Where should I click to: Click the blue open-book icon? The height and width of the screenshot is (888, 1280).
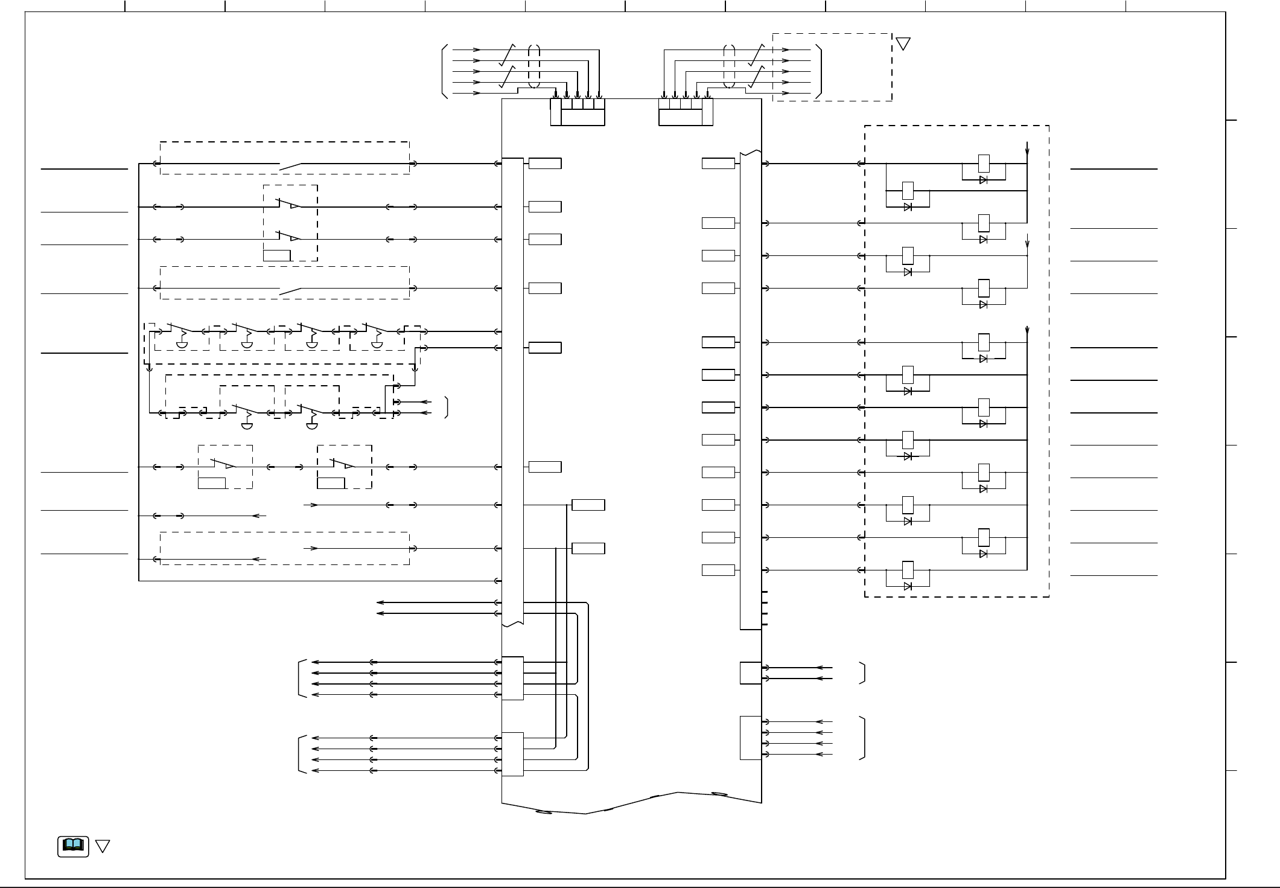tap(73, 846)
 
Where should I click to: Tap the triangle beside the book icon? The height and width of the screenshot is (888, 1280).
tap(103, 846)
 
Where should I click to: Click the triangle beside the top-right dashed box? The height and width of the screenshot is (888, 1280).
tap(903, 43)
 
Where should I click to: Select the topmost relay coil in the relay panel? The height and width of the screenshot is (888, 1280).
tap(983, 163)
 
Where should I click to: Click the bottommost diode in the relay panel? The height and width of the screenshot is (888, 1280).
tap(908, 586)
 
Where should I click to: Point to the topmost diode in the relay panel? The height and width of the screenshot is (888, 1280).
tap(983, 180)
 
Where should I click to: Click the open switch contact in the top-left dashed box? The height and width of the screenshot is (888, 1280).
tap(290, 164)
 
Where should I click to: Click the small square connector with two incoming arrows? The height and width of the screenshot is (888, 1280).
tap(750, 673)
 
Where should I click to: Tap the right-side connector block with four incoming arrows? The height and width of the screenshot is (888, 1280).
tap(750, 738)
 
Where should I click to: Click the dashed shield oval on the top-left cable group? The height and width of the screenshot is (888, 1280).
tap(534, 66)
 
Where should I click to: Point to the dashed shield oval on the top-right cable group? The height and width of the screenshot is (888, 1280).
tap(730, 66)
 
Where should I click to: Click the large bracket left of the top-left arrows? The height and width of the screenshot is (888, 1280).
tap(445, 71)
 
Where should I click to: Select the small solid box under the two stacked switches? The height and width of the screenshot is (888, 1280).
tap(277, 255)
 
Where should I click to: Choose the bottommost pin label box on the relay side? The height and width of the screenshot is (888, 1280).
tap(718, 570)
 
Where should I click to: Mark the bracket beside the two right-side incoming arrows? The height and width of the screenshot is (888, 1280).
tap(864, 673)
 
